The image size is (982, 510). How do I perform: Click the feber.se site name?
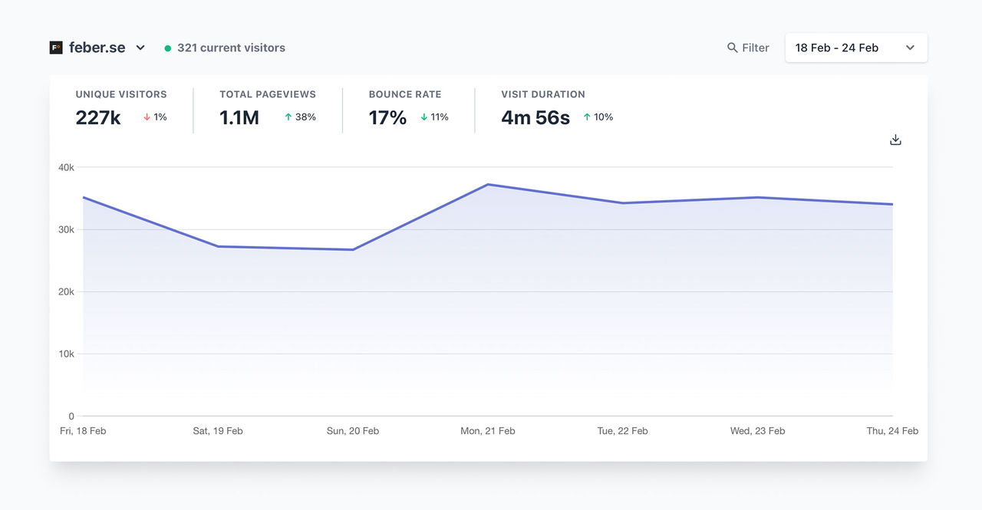(97, 48)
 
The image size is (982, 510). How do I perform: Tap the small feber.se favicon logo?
(56, 48)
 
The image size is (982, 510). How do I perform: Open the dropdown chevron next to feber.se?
(140, 48)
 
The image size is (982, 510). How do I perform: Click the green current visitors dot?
(168, 48)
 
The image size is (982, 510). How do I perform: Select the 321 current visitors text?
(231, 48)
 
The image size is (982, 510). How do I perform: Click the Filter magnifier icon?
(732, 48)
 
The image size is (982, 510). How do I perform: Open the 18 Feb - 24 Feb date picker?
(855, 48)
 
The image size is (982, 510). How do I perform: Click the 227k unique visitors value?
(98, 117)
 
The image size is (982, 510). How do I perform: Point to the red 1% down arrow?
(147, 117)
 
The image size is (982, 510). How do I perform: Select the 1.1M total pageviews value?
(239, 117)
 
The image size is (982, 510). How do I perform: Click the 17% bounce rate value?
(387, 117)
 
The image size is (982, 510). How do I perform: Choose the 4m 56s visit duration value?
(535, 117)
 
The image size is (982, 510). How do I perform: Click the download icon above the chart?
(895, 140)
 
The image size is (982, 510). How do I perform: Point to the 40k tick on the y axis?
(66, 167)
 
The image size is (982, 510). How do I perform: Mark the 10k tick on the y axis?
(66, 354)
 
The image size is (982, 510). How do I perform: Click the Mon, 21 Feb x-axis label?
(488, 431)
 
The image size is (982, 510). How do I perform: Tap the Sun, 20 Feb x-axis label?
(353, 431)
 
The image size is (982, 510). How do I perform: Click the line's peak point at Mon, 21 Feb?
(488, 184)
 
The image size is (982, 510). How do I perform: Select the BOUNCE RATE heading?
(405, 94)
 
